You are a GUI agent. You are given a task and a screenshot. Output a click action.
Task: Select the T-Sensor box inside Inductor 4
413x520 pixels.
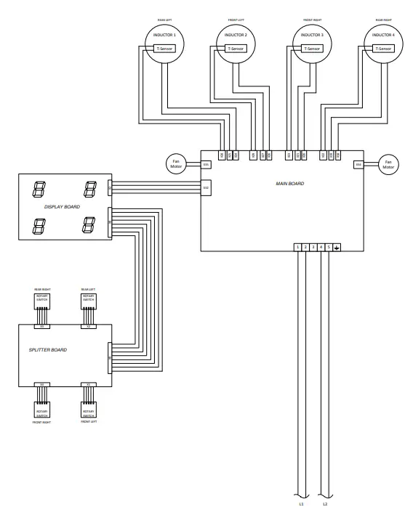tap(382, 49)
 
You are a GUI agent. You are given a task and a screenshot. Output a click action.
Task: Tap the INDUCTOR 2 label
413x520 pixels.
tap(236, 36)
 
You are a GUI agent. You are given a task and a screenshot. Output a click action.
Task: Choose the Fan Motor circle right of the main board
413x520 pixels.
tap(388, 164)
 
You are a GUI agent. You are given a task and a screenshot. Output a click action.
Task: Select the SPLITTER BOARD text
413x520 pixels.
tap(48, 350)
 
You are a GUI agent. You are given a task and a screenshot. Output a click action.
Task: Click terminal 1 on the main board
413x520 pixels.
tap(298, 248)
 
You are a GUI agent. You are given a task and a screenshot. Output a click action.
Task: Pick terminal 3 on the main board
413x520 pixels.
tap(313, 248)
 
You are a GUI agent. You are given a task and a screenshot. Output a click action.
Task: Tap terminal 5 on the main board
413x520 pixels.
tap(329, 248)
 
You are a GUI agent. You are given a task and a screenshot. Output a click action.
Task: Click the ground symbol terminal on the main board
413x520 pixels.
tap(337, 248)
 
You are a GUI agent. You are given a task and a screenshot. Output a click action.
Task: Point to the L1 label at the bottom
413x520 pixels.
tap(301, 503)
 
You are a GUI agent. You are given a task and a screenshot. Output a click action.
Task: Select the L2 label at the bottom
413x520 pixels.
tap(325, 503)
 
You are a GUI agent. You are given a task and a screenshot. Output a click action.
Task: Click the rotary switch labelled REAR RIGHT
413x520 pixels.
tap(42, 301)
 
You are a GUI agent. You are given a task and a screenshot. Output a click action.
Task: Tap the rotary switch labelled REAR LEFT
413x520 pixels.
tap(88, 301)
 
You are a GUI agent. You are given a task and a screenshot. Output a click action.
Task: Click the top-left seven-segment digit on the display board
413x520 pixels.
tap(36, 190)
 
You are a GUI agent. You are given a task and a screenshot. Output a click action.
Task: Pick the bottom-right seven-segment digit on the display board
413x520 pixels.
tap(89, 226)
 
